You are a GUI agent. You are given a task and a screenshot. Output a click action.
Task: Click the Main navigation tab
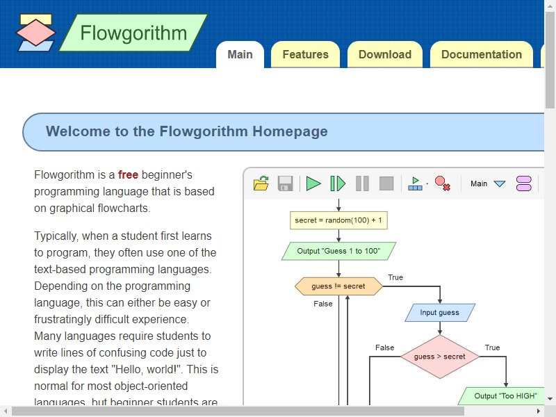click(240, 54)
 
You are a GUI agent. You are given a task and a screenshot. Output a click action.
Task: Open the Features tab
click(305, 54)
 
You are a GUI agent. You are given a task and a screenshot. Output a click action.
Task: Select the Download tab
click(385, 54)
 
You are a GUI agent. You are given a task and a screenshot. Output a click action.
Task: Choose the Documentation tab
click(482, 54)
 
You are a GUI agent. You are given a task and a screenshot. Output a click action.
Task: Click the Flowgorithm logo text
click(133, 33)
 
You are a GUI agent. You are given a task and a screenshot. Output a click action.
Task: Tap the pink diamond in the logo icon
click(36, 33)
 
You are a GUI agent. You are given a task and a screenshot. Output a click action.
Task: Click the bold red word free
click(128, 174)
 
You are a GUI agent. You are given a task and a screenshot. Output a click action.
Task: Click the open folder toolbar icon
click(261, 183)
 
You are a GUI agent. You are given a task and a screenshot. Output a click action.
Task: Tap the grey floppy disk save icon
click(285, 183)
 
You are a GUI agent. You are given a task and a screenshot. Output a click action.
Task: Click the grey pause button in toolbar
click(362, 183)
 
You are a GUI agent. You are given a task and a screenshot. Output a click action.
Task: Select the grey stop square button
click(386, 183)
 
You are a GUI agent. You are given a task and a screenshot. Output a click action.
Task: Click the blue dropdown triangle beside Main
click(499, 183)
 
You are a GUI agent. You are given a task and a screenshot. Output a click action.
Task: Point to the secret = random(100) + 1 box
click(338, 220)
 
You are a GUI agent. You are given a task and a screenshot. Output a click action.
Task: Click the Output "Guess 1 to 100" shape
click(338, 251)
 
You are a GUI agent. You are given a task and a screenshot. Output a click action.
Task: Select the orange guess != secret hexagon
click(338, 286)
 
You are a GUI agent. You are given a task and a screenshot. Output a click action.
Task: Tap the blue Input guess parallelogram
click(440, 312)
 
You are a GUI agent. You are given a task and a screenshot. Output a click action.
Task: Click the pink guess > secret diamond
click(440, 357)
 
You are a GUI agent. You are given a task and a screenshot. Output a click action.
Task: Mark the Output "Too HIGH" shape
click(503, 395)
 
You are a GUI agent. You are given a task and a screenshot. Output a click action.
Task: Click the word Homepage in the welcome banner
click(290, 131)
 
